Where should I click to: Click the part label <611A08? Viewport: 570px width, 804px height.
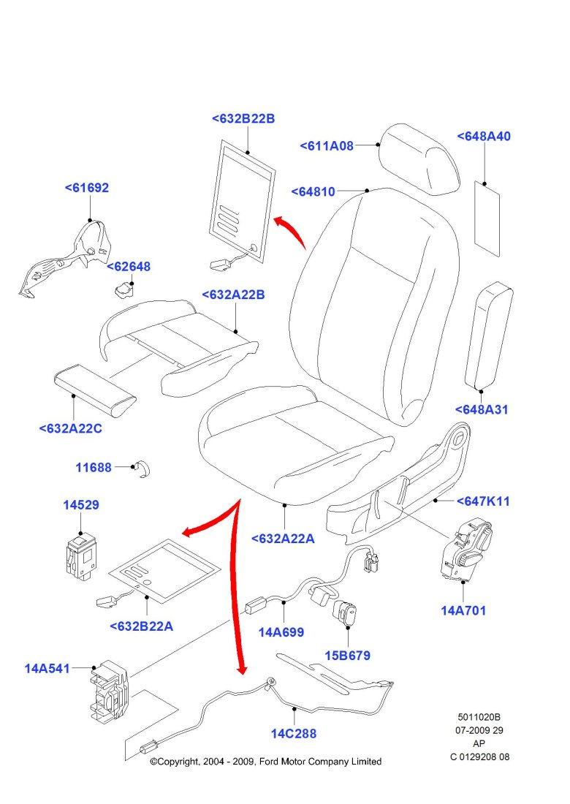point(326,145)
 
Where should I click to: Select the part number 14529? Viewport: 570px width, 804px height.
point(80,505)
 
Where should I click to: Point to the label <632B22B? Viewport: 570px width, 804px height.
point(243,119)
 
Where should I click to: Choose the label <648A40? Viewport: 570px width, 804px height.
point(484,137)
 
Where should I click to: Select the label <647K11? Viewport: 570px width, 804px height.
point(483,501)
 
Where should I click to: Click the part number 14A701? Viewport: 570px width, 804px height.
point(463,610)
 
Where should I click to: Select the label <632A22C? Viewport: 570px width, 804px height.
point(70,428)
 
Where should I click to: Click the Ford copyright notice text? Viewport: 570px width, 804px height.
point(265,762)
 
